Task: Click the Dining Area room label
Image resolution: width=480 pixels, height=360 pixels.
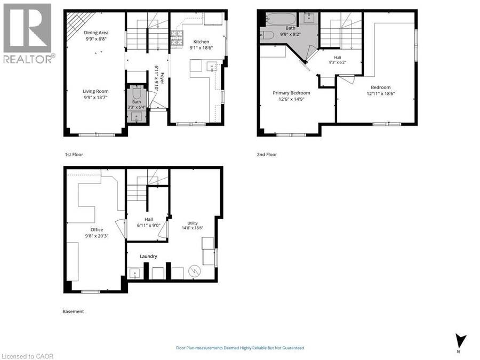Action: pos(96,33)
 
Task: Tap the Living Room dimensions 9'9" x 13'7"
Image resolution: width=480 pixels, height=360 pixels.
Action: pos(95,98)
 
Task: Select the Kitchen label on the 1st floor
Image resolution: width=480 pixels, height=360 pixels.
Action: pos(201,42)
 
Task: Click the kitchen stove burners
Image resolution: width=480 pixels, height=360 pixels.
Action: pos(177,38)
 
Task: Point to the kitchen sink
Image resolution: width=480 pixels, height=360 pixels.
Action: pos(212,67)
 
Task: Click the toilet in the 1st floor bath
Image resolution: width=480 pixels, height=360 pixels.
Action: pos(137,92)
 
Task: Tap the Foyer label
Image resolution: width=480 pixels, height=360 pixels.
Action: pos(162,78)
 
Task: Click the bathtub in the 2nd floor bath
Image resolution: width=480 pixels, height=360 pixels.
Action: pos(281,19)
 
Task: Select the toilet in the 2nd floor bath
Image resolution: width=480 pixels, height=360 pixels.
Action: pos(267,35)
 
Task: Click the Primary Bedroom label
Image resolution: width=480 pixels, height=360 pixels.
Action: pos(291,93)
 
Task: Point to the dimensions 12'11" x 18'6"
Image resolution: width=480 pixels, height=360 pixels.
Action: pos(380,94)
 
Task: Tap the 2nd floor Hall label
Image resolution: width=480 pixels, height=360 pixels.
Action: pos(338,58)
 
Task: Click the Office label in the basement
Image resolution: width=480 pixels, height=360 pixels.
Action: pos(97,229)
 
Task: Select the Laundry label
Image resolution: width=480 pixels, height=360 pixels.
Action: pos(148,256)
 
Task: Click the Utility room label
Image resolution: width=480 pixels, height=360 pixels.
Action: pos(193,223)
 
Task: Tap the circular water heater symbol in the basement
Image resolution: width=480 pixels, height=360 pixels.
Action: pos(194,271)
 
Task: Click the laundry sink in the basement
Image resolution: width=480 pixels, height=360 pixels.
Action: pos(134,273)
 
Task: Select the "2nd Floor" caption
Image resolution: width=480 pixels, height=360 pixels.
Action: pos(267,155)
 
